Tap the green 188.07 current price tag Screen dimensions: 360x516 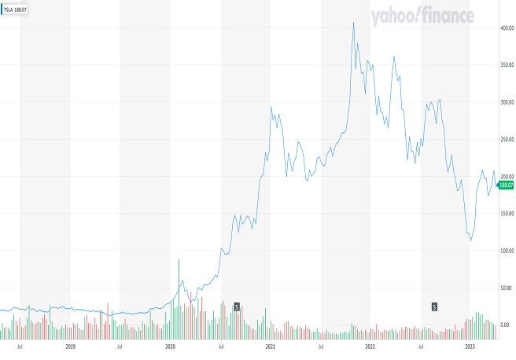506,185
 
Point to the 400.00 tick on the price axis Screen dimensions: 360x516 506,28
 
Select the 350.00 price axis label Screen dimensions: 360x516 506,64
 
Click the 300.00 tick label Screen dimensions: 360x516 506,102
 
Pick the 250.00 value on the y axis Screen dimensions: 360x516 506,139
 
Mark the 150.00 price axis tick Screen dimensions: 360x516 506,213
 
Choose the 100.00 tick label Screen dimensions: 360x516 506,251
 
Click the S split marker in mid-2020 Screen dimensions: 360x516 236,307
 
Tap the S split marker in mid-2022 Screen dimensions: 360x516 433,307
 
